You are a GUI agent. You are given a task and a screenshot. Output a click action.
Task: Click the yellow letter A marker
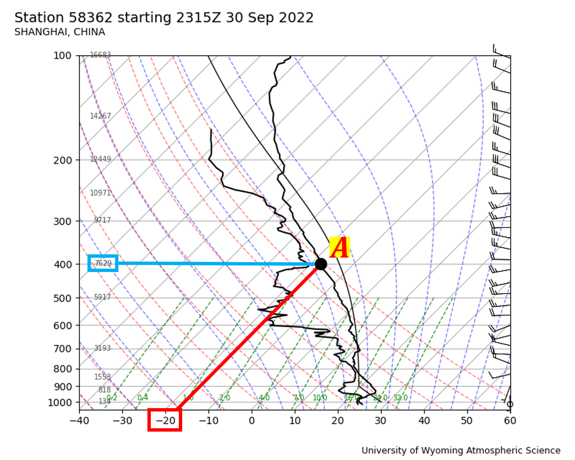coord(340,247)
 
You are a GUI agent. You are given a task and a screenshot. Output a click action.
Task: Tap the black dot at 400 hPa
coord(321,264)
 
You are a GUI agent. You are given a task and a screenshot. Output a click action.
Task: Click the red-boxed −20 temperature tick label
coord(165,421)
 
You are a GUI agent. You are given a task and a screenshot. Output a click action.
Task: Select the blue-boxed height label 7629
coord(103,263)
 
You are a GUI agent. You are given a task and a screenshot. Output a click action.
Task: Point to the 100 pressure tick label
coord(62,56)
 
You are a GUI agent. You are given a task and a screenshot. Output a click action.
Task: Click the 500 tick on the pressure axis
coord(62,298)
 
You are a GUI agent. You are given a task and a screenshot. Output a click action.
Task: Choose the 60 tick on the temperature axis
coord(510,421)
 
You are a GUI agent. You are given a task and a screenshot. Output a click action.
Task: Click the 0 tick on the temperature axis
coord(252,421)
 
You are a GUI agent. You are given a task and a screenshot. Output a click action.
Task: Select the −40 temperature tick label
coord(79,421)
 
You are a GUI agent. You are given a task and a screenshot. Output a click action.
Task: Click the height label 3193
coord(102,348)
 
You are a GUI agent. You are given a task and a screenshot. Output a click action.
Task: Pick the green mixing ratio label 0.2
coord(112,398)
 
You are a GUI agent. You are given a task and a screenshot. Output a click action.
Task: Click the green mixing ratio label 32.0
coord(400,398)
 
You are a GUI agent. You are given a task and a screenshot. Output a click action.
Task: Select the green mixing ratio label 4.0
coord(264,398)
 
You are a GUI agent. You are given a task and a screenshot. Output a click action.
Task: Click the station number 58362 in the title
coord(90,18)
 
